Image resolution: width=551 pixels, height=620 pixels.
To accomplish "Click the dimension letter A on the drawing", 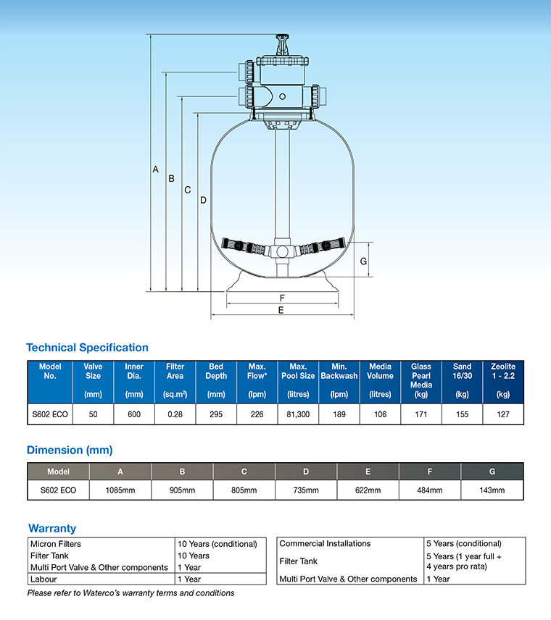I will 155,169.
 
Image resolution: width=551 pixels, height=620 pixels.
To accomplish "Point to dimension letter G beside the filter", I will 363,261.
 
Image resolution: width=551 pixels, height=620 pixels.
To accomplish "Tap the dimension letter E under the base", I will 281,309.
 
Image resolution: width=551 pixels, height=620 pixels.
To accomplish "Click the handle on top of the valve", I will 281,38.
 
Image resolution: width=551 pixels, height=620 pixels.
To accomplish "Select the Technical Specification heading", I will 87,348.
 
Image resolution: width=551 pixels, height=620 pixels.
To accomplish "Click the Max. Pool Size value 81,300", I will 298,414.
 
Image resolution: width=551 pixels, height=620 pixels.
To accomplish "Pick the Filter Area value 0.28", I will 175,414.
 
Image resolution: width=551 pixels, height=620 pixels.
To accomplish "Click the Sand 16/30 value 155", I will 462,414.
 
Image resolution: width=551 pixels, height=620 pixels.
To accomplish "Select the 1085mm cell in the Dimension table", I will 120,490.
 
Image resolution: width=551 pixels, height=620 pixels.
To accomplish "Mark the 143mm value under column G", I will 492,490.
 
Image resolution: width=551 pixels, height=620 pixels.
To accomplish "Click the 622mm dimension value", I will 368,490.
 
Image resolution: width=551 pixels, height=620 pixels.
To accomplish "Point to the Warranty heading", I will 52,528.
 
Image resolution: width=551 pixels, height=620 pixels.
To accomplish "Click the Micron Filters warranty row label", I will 56,544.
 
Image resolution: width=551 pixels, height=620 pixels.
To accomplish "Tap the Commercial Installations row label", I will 325,544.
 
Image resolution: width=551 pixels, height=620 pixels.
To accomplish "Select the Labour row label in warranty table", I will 43,579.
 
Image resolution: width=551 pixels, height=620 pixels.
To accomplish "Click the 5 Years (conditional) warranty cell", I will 464,544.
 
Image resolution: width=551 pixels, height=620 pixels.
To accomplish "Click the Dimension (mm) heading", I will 70,450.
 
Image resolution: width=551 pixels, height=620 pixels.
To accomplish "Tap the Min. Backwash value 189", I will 339,414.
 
